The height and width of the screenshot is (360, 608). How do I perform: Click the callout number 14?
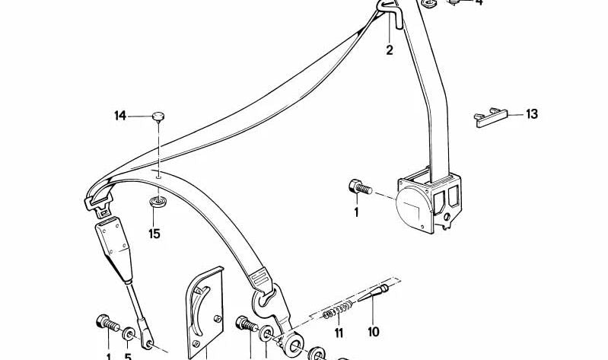click(120, 116)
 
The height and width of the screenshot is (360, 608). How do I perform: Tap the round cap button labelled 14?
click(158, 116)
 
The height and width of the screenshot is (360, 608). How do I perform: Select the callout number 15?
click(154, 234)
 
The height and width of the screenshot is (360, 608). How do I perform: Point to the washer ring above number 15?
click(158, 202)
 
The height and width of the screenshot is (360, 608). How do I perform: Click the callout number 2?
click(390, 50)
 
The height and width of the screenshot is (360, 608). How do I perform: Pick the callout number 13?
click(532, 114)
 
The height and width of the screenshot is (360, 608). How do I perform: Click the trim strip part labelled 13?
click(491, 117)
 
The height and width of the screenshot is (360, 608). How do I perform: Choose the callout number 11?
click(339, 333)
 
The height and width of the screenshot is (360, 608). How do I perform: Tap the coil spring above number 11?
click(337, 310)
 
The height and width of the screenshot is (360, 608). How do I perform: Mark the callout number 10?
click(374, 332)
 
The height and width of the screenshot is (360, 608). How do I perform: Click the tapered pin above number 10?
click(373, 293)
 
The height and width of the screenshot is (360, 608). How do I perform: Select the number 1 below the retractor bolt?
click(356, 212)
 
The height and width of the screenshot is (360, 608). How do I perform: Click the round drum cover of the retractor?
click(413, 206)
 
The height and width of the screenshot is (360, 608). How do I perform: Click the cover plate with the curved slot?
click(205, 313)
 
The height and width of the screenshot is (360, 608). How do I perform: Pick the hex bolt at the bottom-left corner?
click(107, 323)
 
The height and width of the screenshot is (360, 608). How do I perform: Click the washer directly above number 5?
click(129, 334)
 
